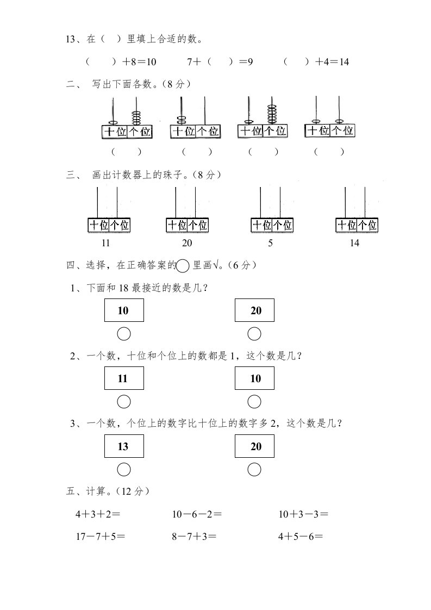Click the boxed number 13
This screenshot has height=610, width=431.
(124, 446)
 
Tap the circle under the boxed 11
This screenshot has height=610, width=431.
(124, 402)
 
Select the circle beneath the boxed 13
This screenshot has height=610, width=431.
(124, 469)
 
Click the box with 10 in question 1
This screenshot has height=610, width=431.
(124, 310)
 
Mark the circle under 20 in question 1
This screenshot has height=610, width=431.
(254, 334)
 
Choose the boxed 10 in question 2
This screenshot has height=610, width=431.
(254, 378)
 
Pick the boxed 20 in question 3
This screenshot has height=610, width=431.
(254, 446)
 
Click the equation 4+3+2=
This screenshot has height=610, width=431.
(98, 514)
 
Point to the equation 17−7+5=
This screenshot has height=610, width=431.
(101, 537)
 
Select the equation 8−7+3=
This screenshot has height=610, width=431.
(194, 537)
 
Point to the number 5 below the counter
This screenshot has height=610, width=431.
(271, 243)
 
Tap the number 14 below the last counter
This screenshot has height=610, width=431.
(354, 243)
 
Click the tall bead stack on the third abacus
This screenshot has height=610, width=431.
(272, 113)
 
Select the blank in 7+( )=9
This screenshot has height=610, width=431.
(220, 62)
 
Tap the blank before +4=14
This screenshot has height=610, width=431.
(297, 62)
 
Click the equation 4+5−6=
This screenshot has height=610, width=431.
(301, 537)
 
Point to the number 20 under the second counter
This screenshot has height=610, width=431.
(186, 243)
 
